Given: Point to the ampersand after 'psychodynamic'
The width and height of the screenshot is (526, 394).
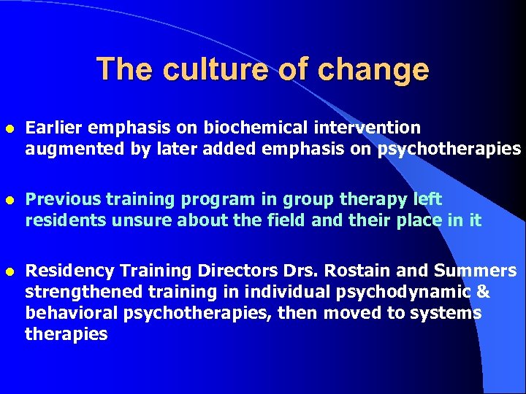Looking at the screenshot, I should tap(483, 293).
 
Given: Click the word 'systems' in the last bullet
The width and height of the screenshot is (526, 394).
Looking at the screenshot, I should tap(451, 314).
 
